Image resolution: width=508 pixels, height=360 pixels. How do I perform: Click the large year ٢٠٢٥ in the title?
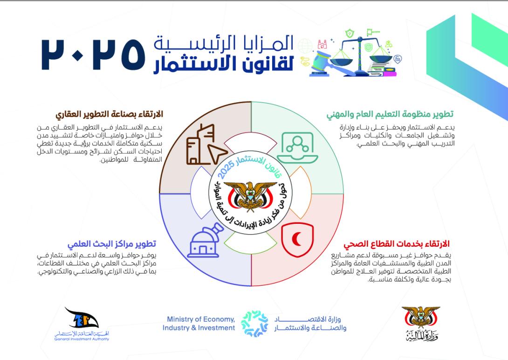(93, 55)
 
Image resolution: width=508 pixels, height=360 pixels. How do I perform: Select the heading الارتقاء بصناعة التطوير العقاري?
(109, 114)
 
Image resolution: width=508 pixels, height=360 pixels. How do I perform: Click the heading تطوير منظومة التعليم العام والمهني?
(390, 114)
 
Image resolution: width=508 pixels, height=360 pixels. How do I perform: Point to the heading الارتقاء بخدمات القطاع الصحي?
(397, 244)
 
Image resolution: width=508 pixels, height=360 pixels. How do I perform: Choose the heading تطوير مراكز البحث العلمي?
(112, 244)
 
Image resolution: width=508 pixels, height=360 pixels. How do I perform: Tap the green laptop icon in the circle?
(297, 148)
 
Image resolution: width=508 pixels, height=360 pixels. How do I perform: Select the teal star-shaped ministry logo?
(254, 323)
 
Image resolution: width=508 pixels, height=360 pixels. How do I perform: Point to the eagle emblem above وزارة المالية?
(421, 317)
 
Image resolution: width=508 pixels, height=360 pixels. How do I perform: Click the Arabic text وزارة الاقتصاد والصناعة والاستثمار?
(310, 323)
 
